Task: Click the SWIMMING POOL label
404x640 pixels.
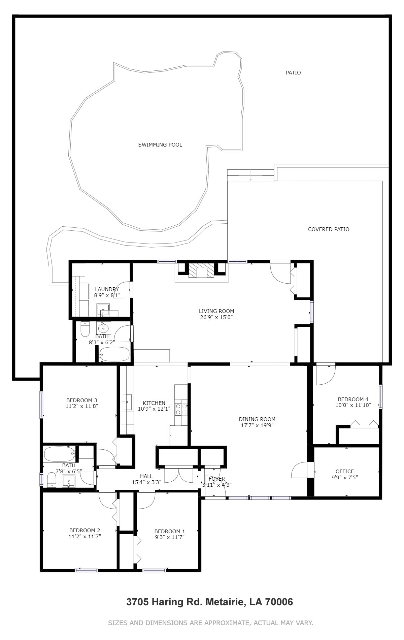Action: (160, 145)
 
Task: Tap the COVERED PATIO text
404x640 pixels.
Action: (329, 229)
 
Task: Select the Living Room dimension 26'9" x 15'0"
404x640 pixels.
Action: (216, 317)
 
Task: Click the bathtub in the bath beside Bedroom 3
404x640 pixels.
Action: (60, 454)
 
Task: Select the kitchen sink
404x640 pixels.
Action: (127, 402)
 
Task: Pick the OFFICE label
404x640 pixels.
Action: (345, 471)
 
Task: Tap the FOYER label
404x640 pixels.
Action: (217, 479)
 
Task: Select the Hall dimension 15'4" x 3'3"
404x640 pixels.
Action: (146, 482)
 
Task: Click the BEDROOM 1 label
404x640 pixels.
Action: (170, 531)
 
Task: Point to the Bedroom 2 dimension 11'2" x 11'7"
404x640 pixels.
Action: (85, 536)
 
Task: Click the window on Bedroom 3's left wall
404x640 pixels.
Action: (41, 404)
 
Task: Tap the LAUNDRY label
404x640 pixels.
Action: (107, 289)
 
